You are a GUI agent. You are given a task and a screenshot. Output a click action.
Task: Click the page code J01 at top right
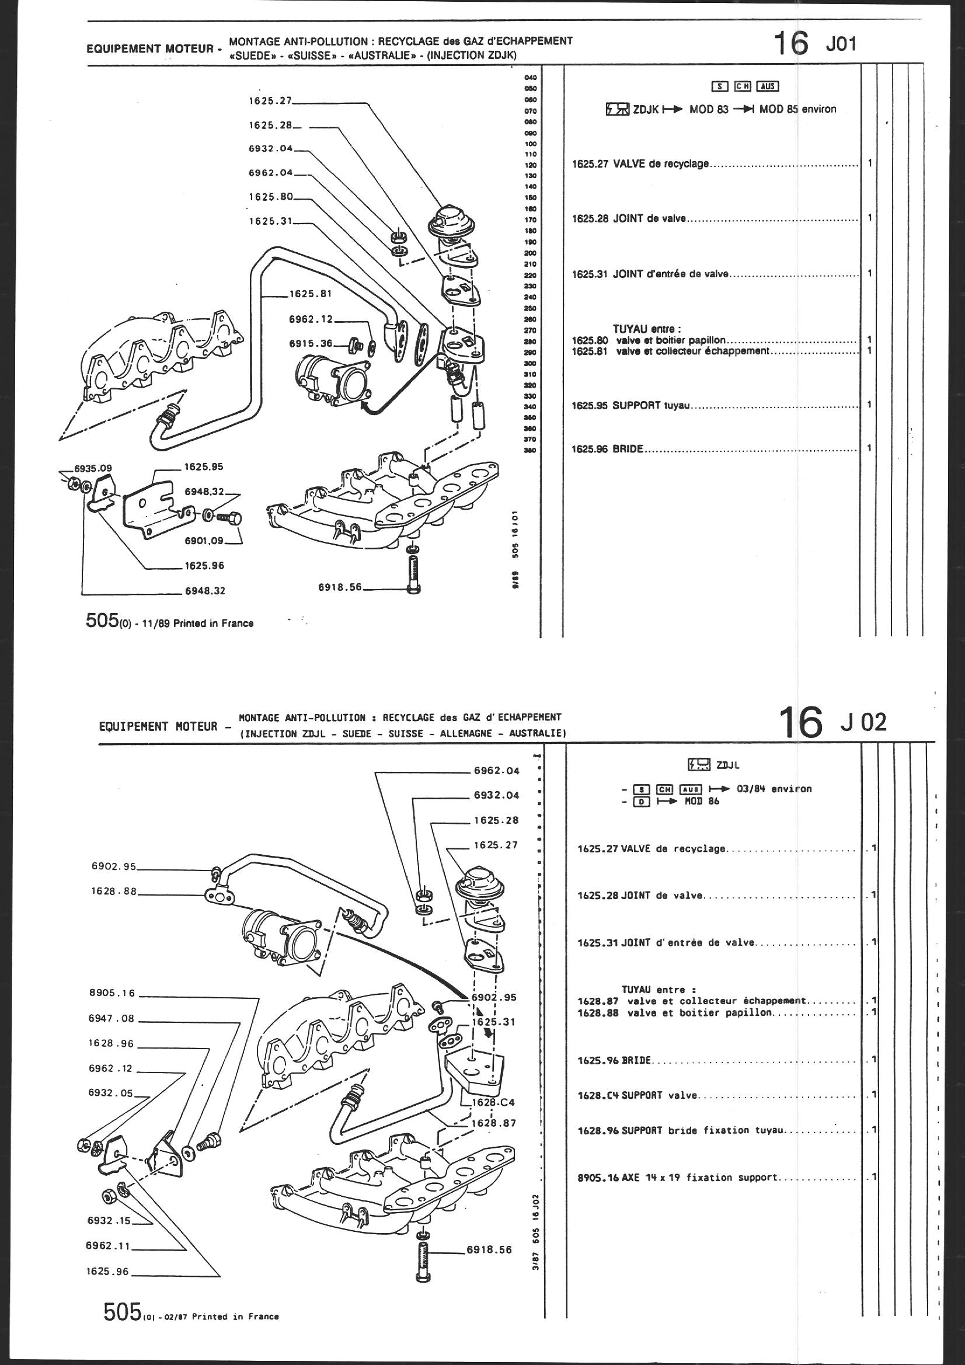click(840, 44)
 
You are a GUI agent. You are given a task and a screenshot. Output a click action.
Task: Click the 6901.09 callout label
click(203, 541)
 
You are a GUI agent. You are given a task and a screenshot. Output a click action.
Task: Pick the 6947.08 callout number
click(111, 1018)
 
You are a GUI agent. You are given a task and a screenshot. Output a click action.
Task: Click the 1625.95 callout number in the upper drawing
click(203, 466)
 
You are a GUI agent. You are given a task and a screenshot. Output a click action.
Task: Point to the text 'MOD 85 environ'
click(798, 109)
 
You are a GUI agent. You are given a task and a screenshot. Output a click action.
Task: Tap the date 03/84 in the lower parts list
click(750, 789)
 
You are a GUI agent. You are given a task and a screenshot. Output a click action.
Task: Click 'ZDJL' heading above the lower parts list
click(733, 765)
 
